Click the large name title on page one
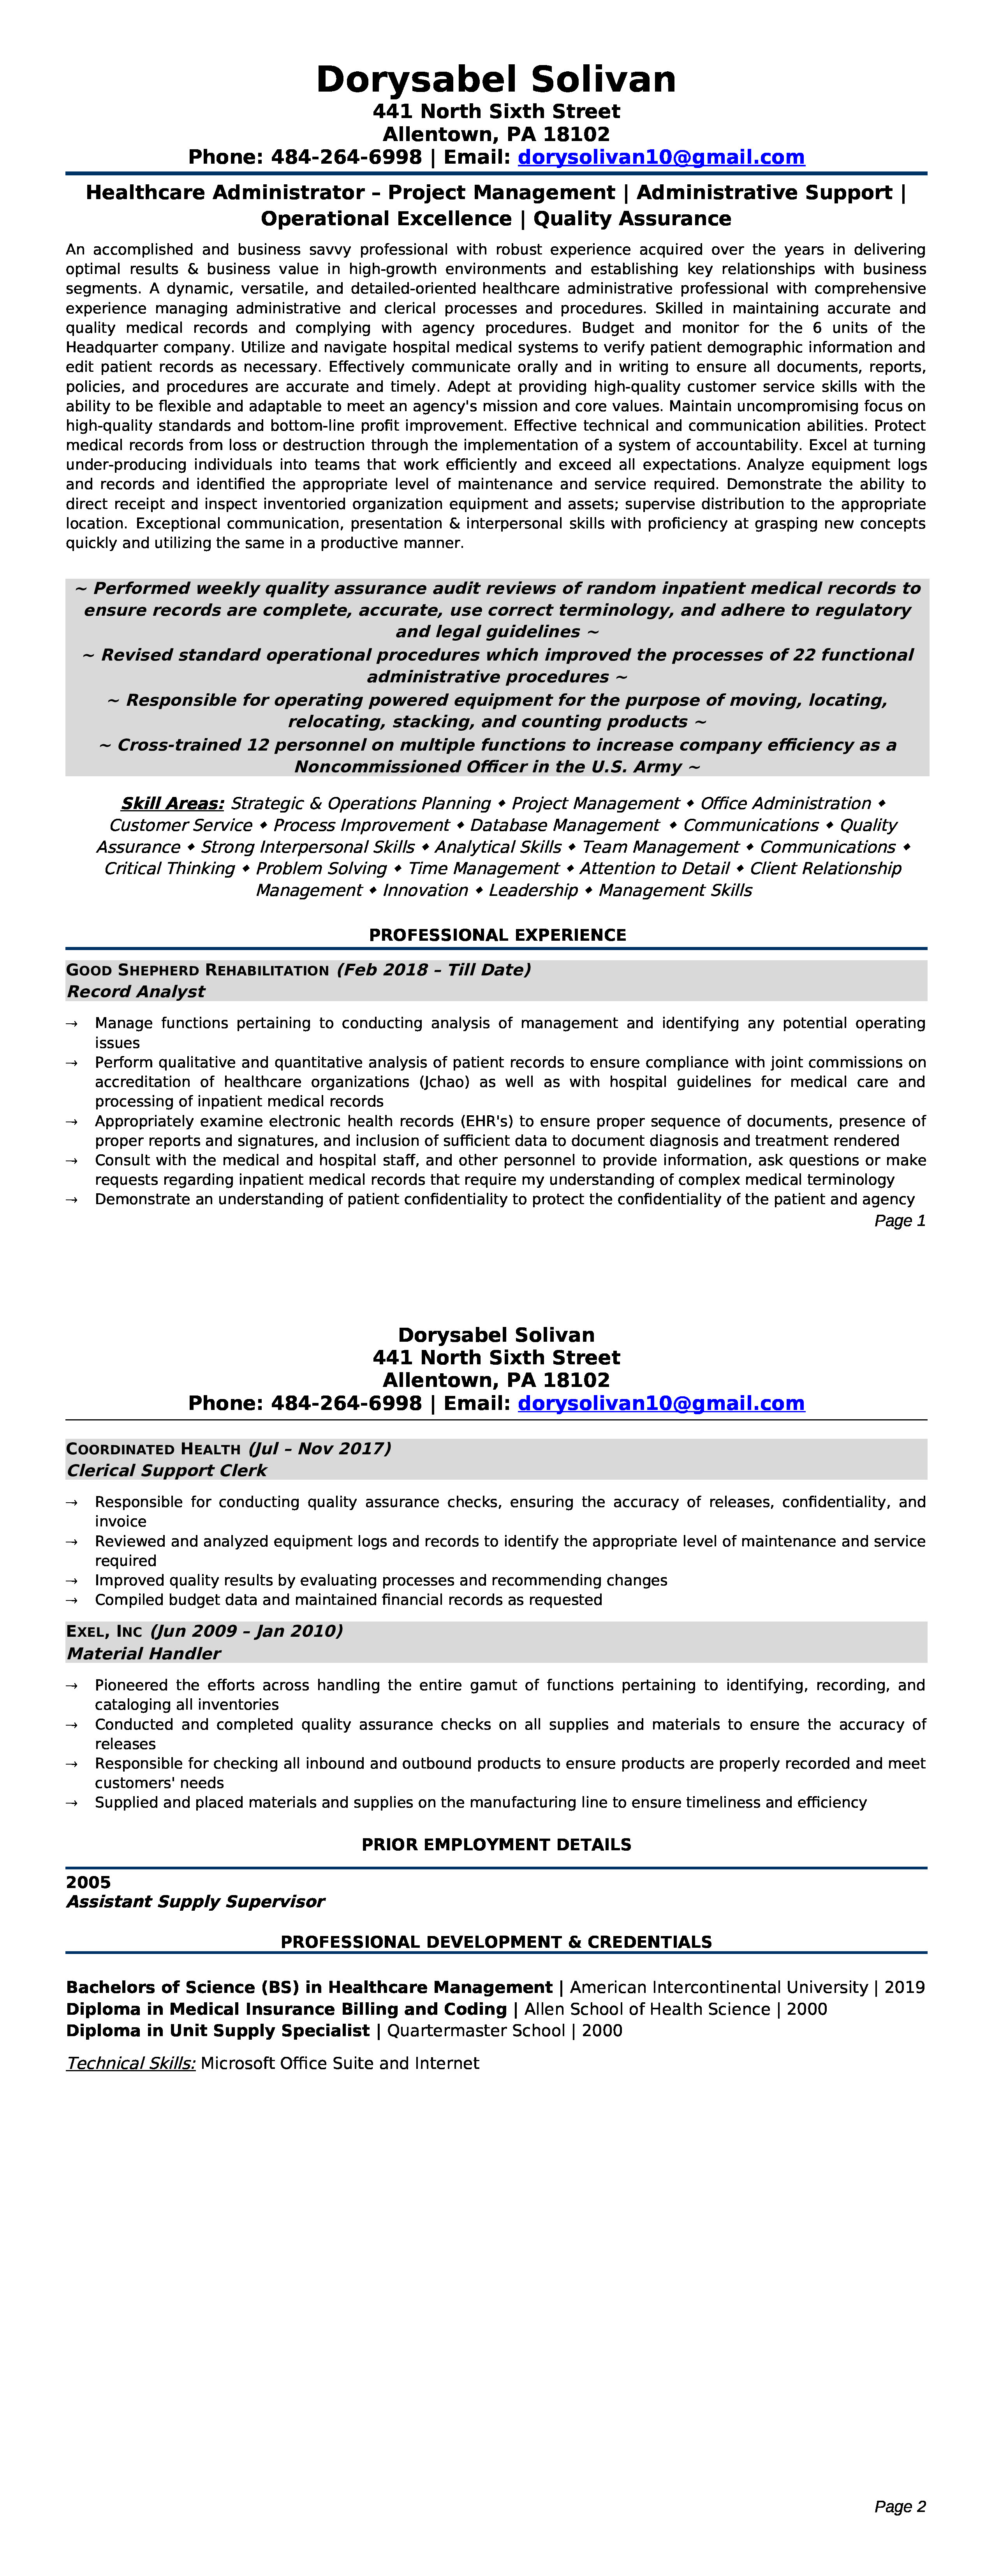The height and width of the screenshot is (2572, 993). (496, 80)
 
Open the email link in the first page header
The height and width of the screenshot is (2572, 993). (661, 158)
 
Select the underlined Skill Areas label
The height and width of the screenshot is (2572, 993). (172, 804)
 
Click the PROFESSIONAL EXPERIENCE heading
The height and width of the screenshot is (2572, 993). (497, 936)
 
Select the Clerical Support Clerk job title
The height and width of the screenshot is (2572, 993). (167, 1471)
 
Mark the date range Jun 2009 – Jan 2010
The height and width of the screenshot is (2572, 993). (246, 1631)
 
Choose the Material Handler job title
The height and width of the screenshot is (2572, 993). (144, 1653)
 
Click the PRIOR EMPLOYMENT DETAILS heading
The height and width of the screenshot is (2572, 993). (496, 1845)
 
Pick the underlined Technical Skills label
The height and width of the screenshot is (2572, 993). (131, 2064)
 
